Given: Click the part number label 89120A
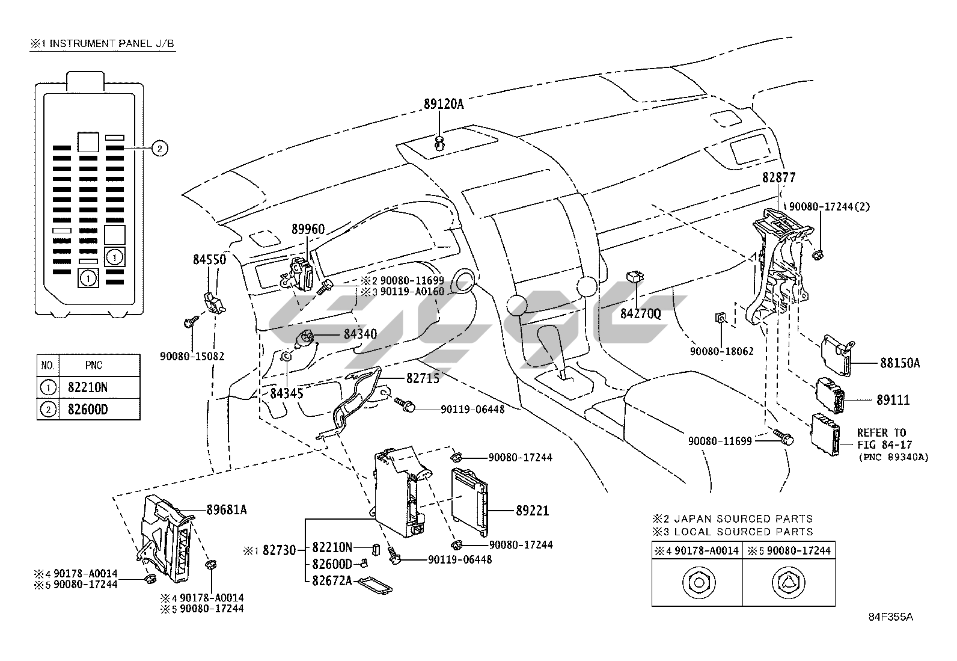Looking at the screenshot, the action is pyautogui.click(x=444, y=104).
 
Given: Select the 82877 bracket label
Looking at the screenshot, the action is pyautogui.click(x=779, y=177).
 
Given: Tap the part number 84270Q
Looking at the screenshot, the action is pyautogui.click(x=640, y=314).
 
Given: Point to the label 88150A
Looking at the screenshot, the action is pyautogui.click(x=900, y=363).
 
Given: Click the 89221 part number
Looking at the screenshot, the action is pyautogui.click(x=533, y=511).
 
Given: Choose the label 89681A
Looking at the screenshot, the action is pyautogui.click(x=227, y=509).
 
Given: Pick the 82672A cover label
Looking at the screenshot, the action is pyautogui.click(x=332, y=580).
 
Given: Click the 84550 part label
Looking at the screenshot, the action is pyautogui.click(x=209, y=259).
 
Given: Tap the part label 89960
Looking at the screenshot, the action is pyautogui.click(x=308, y=229).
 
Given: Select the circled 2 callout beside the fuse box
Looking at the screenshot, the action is pyautogui.click(x=160, y=149).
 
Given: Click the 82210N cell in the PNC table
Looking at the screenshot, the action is pyautogui.click(x=88, y=387).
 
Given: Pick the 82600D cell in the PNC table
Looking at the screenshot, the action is pyautogui.click(x=88, y=410).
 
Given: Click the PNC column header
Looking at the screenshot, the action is pyautogui.click(x=94, y=365).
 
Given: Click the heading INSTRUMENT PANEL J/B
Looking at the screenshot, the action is pyautogui.click(x=111, y=43).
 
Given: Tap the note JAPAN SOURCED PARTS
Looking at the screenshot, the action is pyautogui.click(x=744, y=518).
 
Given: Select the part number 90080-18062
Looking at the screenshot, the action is pyautogui.click(x=721, y=351).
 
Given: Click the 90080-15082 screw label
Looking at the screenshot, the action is pyautogui.click(x=192, y=356).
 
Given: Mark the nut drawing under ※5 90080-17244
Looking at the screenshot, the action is pyautogui.click(x=788, y=582).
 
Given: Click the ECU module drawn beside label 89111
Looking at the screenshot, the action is pyautogui.click(x=830, y=396).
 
